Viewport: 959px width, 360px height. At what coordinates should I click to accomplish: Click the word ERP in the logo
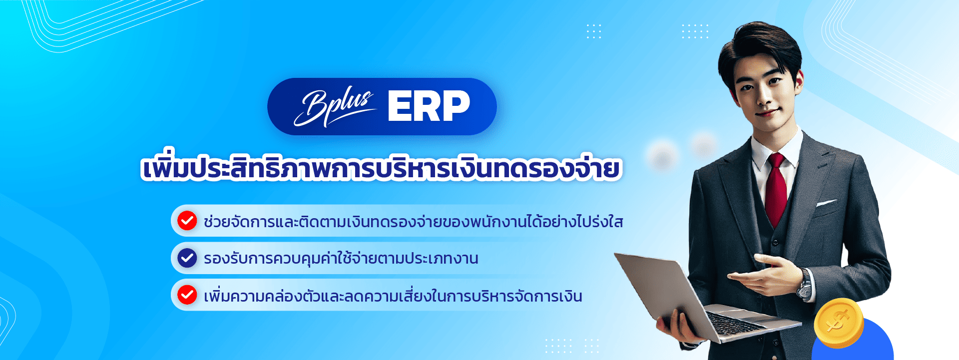coord(429,106)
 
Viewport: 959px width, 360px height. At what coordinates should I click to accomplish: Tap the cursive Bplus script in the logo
coord(334,107)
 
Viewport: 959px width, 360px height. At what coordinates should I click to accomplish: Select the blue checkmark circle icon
coord(187,258)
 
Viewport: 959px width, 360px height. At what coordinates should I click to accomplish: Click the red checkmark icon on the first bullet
coord(187,221)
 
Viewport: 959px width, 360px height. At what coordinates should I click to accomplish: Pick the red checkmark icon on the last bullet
coord(187,295)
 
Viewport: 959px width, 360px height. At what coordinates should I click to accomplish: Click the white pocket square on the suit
coord(827,203)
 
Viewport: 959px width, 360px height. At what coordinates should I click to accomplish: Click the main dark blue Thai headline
coord(381,168)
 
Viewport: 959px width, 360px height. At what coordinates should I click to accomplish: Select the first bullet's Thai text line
coord(414,221)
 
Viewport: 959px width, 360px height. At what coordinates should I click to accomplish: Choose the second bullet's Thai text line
coord(341,259)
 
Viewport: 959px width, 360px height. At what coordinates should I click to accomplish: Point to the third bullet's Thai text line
coord(393,296)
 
